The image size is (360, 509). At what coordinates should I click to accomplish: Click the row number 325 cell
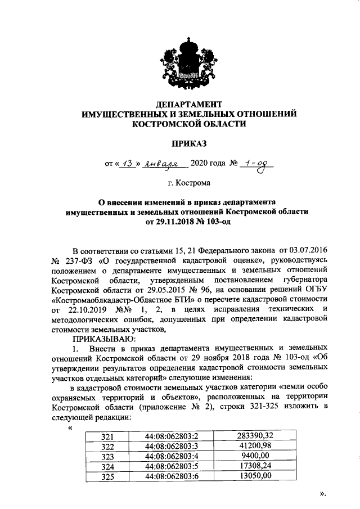tap(107, 476)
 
